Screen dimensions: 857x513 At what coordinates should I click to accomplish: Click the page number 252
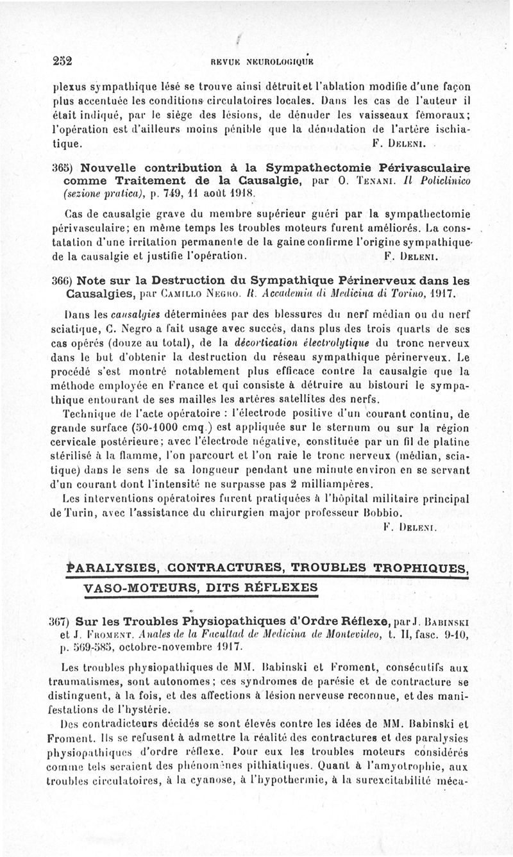tap(62, 62)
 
